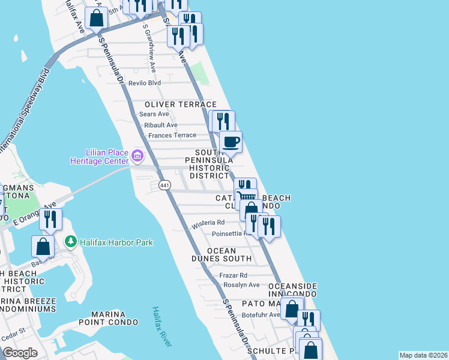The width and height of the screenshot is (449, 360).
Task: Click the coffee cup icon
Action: click(231, 142)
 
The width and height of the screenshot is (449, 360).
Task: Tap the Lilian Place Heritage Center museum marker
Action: click(137, 157)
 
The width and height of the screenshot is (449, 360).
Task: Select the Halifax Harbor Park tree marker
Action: click(71, 242)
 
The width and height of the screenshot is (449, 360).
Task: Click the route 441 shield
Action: click(164, 185)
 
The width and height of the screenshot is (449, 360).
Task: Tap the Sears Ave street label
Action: click(154, 114)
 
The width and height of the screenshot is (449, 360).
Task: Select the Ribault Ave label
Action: click(160, 125)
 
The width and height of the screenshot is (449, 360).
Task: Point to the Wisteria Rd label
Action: click(208, 225)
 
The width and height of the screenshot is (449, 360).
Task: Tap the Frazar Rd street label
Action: click(235, 275)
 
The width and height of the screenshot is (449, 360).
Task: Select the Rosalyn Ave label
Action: click(241, 285)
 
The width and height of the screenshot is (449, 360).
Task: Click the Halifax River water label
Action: click(161, 326)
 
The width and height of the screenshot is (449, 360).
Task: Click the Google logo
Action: click(20, 353)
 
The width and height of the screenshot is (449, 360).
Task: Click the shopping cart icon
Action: click(246, 197)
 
